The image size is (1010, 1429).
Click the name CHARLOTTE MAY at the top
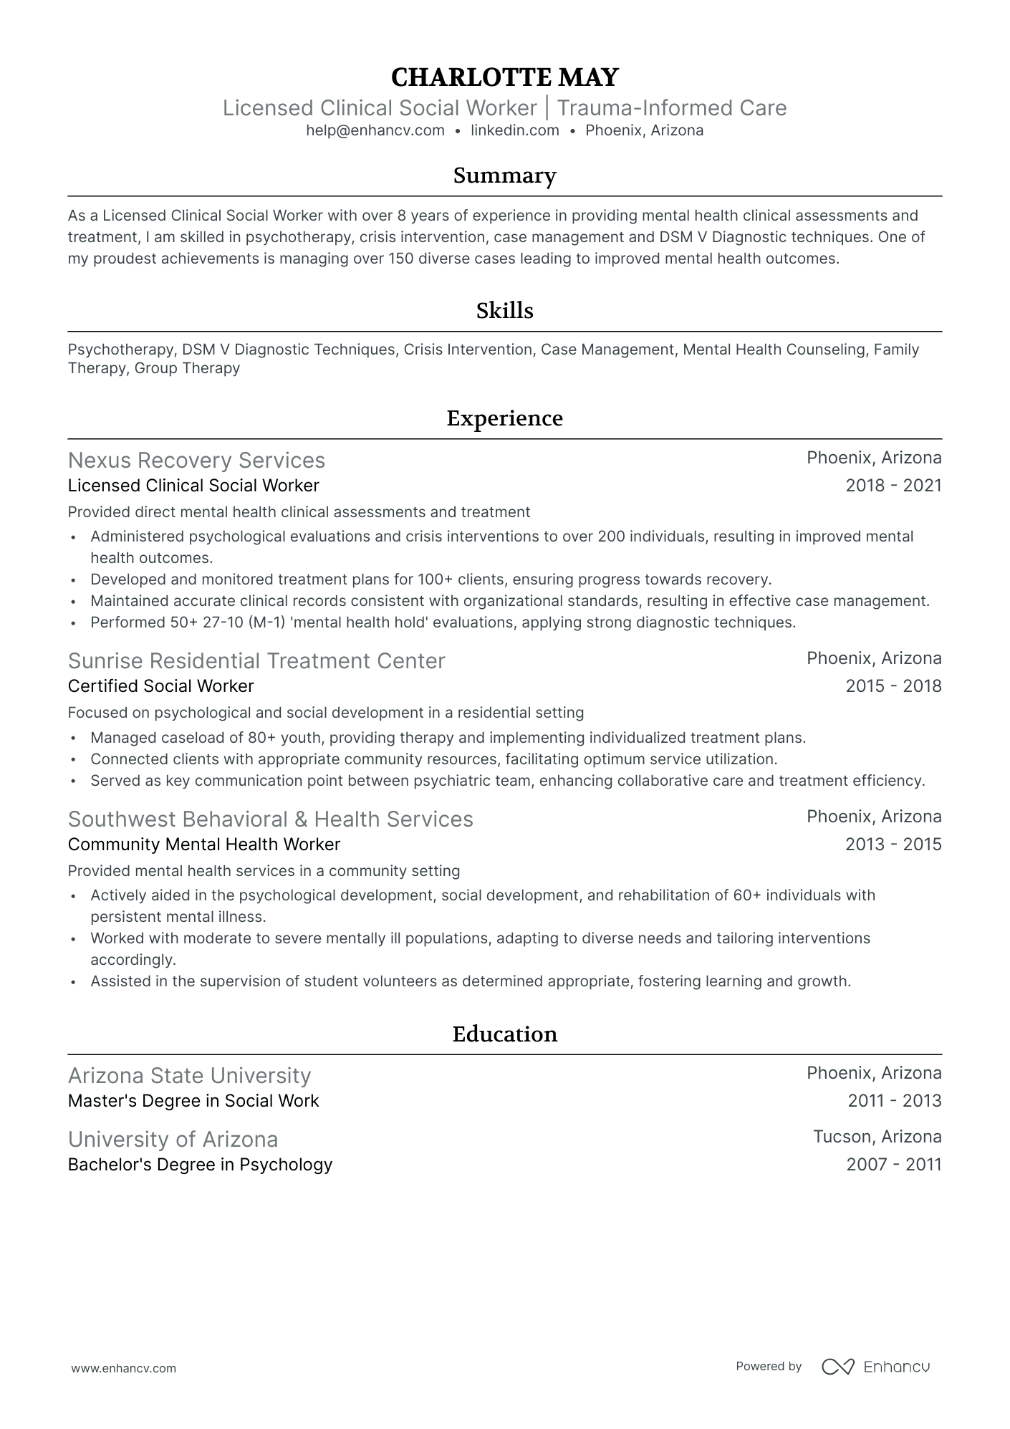[504, 77]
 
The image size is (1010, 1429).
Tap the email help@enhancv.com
[375, 130]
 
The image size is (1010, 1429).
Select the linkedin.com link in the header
[514, 130]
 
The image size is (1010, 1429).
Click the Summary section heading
[504, 175]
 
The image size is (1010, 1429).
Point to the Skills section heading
[504, 311]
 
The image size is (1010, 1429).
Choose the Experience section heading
[504, 418]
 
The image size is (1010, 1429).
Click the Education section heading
[504, 1034]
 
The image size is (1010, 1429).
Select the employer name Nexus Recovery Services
[196, 460]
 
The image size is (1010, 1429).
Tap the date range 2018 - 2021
[893, 486]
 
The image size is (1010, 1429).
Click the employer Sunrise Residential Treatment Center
[256, 660]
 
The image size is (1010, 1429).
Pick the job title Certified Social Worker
[160, 686]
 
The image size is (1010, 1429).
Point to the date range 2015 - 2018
[893, 686]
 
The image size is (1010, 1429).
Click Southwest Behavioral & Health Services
[270, 819]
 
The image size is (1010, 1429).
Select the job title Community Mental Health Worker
[203, 845]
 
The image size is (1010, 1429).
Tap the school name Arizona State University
[189, 1075]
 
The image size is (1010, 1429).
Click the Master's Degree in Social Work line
[193, 1101]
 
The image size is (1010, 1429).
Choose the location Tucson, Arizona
[877, 1137]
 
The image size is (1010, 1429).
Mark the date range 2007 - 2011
[893, 1165]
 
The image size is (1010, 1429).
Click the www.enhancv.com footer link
[123, 1368]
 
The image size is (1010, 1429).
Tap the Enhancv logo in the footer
[875, 1367]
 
